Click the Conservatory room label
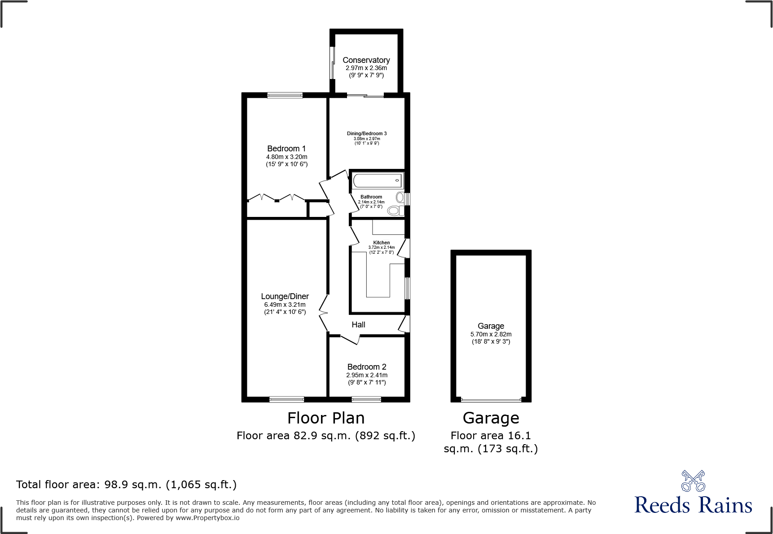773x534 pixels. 366,60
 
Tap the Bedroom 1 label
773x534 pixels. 286,149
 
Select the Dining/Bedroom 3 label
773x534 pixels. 366,133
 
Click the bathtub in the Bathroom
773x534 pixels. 377,181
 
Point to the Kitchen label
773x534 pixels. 381,243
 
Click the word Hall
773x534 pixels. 358,325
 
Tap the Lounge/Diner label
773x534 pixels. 285,296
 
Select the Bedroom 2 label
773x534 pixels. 366,367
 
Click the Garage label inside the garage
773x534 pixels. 491,326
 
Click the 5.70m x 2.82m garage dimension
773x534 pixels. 491,334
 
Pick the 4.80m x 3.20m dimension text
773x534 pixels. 286,157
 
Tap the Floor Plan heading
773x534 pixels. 326,418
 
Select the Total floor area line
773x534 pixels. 126,485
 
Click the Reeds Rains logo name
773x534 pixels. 693,505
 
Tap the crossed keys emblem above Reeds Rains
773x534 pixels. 693,481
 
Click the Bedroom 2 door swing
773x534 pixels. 350,340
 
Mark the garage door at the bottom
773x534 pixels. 491,399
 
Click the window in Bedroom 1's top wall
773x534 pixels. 285,95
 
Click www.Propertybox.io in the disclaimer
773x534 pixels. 207,518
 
